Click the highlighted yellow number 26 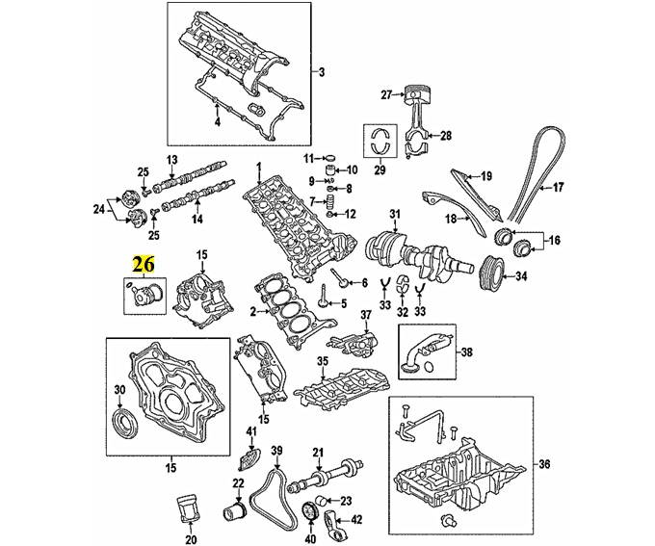click(x=144, y=264)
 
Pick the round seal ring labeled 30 click(x=124, y=426)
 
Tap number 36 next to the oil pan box click(x=545, y=464)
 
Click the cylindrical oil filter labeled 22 click(x=236, y=512)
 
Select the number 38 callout click(x=467, y=352)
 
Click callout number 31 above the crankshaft click(x=395, y=215)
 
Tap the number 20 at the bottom click(x=191, y=539)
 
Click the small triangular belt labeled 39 click(x=271, y=496)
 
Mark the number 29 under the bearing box click(x=380, y=169)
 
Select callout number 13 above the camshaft click(x=172, y=160)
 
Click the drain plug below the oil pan click(x=446, y=519)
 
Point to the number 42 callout click(x=356, y=520)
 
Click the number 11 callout click(x=308, y=158)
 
